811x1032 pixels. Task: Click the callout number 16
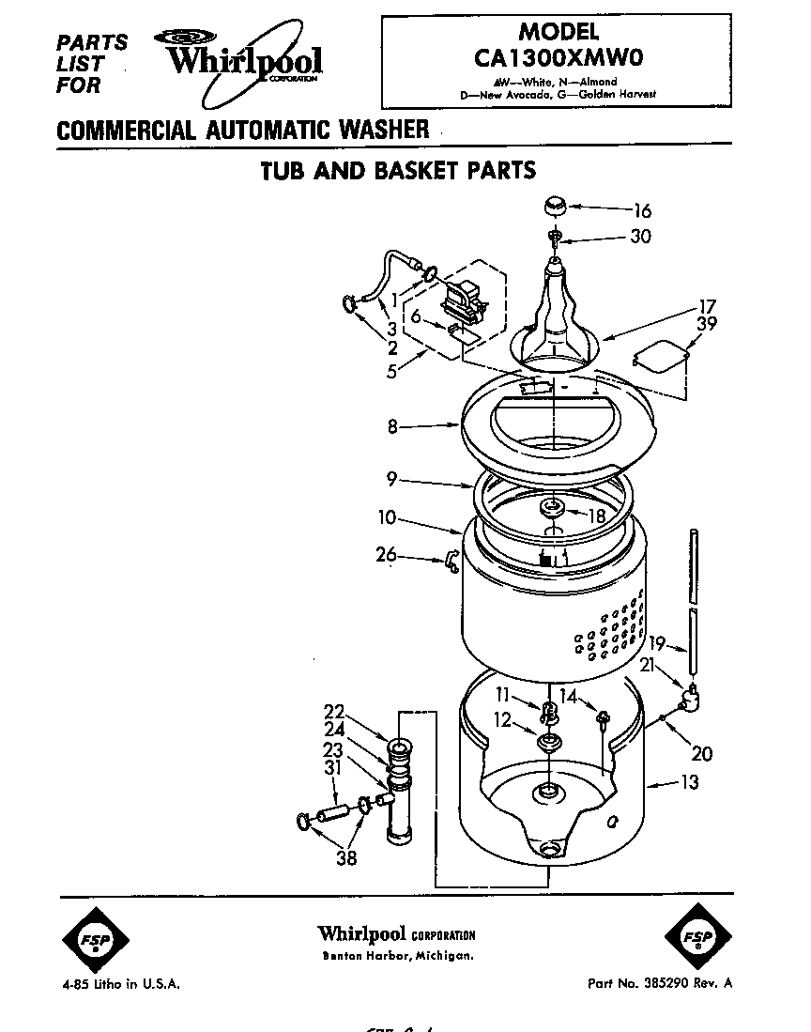click(642, 211)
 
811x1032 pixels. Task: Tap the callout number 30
click(639, 237)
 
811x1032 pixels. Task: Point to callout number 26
click(387, 555)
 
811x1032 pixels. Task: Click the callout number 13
click(690, 782)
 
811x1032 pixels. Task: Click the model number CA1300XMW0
click(557, 58)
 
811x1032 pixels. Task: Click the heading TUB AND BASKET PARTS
click(397, 171)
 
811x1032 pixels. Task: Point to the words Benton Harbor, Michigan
click(396, 956)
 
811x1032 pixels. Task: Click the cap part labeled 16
click(553, 206)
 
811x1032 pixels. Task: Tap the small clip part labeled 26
click(449, 561)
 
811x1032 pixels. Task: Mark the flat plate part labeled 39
click(663, 358)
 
